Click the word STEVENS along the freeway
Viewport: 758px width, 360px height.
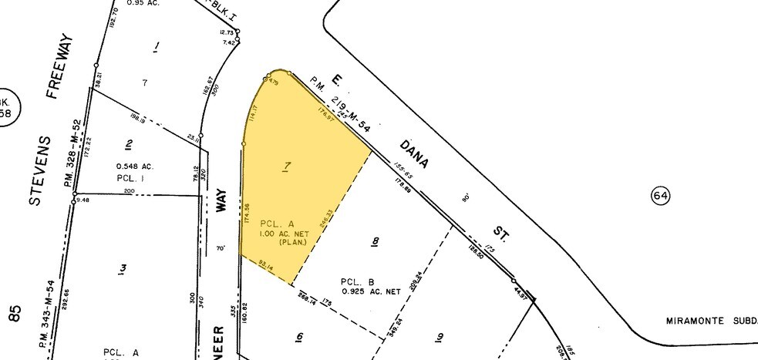click(x=40, y=170)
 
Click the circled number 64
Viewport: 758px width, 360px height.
click(x=660, y=196)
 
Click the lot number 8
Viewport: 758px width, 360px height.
click(x=376, y=242)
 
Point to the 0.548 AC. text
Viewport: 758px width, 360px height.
click(x=134, y=167)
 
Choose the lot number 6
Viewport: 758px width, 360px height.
click(x=298, y=336)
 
